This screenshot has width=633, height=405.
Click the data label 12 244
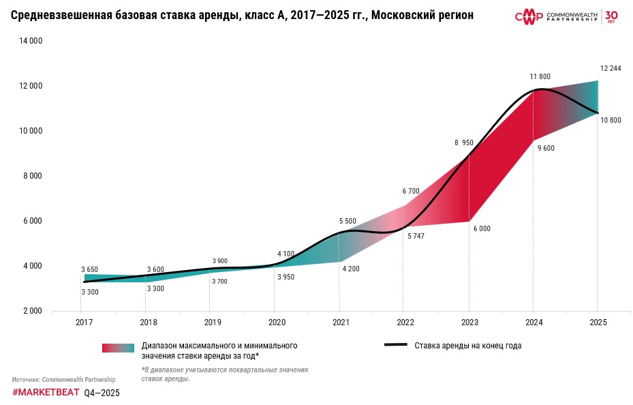[610, 68]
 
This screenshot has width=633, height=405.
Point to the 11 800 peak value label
[540, 76]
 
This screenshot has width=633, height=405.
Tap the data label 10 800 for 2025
[610, 120]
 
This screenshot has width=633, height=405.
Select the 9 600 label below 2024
[545, 148]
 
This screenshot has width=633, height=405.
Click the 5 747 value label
[416, 236]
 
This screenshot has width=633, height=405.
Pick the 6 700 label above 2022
[411, 191]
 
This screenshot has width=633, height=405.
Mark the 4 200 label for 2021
[350, 269]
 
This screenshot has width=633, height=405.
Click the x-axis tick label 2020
[277, 322]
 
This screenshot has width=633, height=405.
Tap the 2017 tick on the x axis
[84, 322]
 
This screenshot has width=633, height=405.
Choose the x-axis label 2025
[598, 322]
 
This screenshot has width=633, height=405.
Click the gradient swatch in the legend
[118, 348]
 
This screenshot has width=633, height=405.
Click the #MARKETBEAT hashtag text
[46, 393]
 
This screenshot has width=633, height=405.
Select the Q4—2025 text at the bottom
[102, 393]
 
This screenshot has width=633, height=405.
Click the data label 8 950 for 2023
[464, 143]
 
